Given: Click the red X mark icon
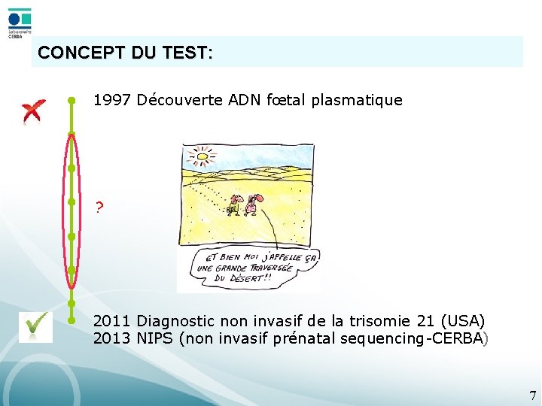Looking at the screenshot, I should pos(33,111).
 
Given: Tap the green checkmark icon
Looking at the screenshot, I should pos(35,326).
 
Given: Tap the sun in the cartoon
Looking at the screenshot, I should pos(202,157).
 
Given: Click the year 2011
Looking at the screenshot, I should pos(113,322).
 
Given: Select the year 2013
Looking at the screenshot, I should pos(113,338).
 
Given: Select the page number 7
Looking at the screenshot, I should pos(532,395).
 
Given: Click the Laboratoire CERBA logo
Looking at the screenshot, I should pos(20,23).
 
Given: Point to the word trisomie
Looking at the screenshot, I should pos(383,322).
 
